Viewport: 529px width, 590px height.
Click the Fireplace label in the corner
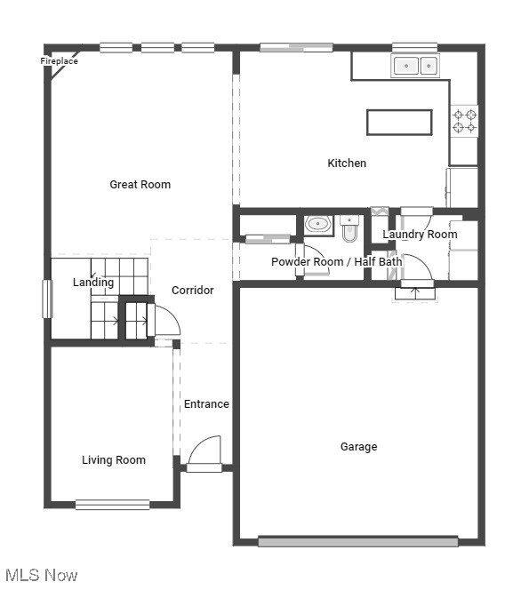click(x=60, y=61)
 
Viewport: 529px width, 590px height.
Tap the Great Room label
click(x=140, y=185)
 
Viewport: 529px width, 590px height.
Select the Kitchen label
click(x=347, y=163)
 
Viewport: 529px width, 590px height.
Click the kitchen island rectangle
click(x=399, y=123)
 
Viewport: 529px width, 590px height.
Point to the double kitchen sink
click(x=416, y=66)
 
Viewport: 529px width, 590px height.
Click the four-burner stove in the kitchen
click(x=464, y=122)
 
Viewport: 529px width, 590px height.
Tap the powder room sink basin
click(x=317, y=224)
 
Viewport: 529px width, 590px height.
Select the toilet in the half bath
click(x=349, y=230)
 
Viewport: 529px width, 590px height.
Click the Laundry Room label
click(x=420, y=235)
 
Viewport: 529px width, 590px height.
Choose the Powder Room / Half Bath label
click(x=336, y=262)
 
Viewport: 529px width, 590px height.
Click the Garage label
click(x=358, y=447)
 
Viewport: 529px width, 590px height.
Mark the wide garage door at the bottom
click(x=357, y=541)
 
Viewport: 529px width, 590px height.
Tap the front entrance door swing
click(x=205, y=451)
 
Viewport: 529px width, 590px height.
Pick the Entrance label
click(x=206, y=404)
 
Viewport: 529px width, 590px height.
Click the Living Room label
click(x=114, y=460)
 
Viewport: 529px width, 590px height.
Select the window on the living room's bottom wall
click(x=112, y=505)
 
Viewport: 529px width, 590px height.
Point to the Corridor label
click(x=192, y=291)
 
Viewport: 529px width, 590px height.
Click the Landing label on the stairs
click(x=93, y=283)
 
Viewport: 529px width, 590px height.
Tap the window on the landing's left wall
click(x=48, y=299)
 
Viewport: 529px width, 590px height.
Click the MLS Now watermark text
click(x=41, y=576)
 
